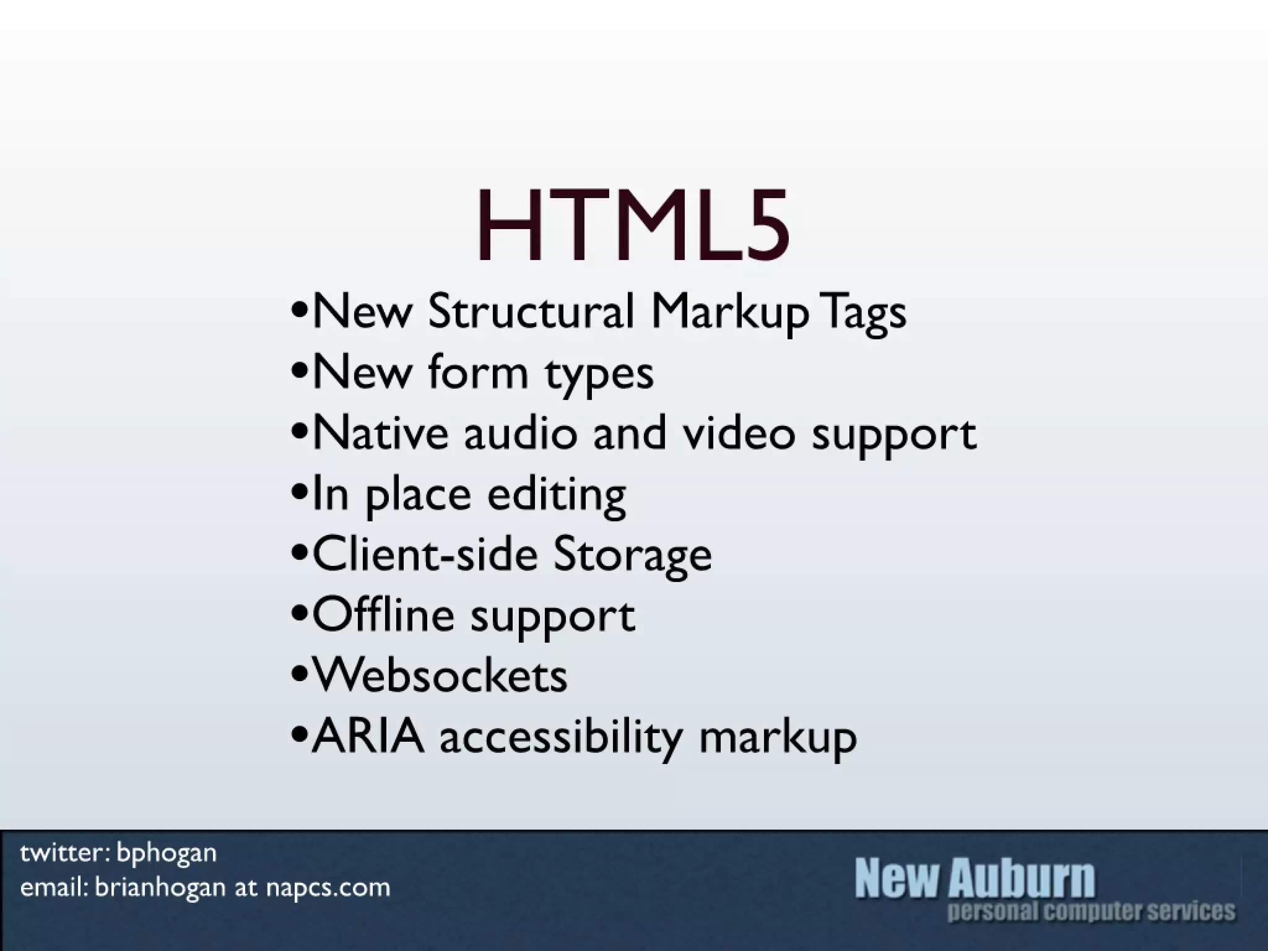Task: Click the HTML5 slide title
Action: pos(633,225)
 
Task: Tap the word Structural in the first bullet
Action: pos(531,311)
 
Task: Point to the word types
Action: pos(599,374)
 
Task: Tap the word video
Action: pos(739,432)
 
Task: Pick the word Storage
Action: pos(632,555)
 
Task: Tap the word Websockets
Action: pos(440,675)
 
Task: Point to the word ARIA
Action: pos(368,736)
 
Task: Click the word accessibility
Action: pos(561,737)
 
